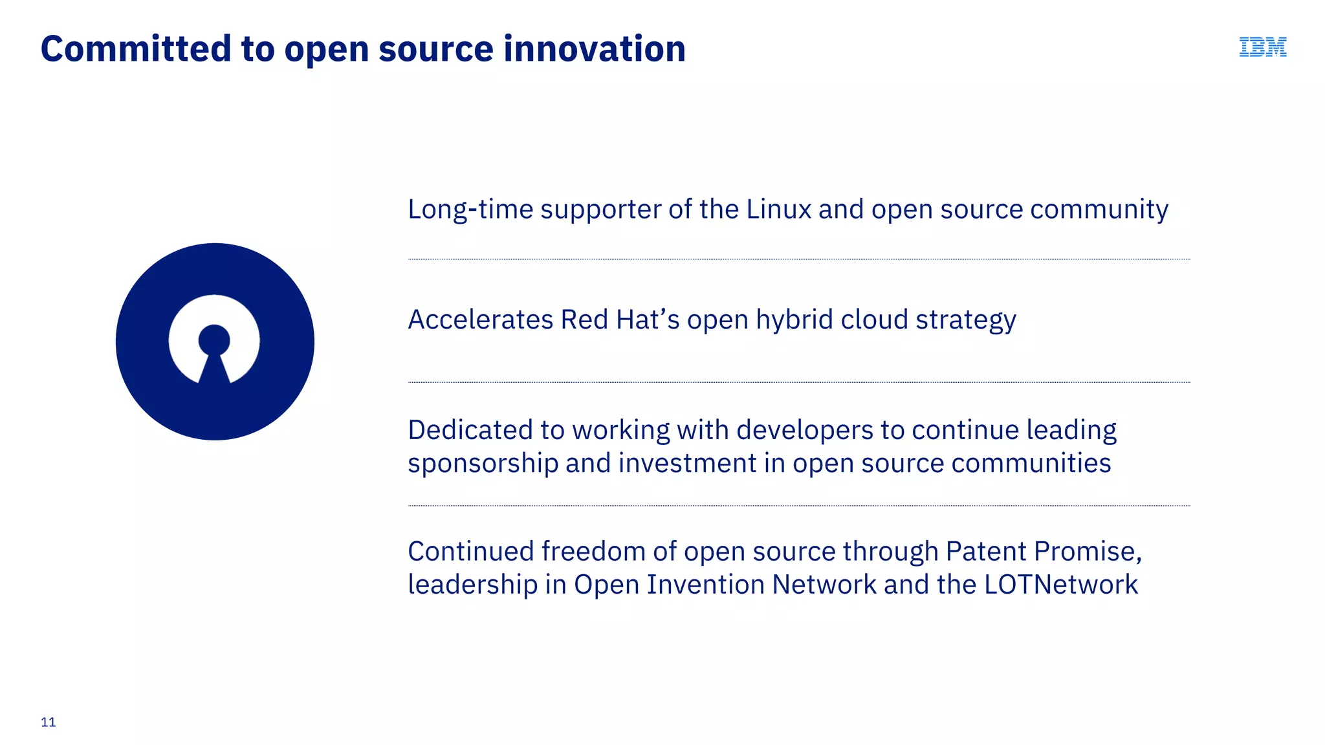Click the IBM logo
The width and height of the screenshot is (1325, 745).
point(1262,47)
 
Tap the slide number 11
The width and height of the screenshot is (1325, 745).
point(49,722)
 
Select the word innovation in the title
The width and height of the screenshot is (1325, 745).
point(595,49)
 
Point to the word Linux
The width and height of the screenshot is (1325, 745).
point(778,210)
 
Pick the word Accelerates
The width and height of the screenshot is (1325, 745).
point(481,320)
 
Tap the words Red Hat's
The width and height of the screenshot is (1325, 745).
point(620,320)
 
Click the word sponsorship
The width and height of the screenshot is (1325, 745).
point(483,464)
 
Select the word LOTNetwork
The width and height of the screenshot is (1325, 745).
point(1060,585)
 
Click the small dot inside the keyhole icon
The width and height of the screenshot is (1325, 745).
point(214,340)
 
